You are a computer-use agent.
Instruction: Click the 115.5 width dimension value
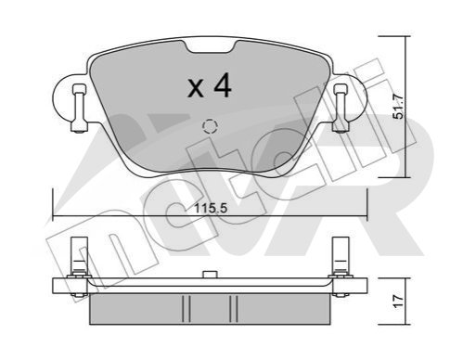tap(211, 208)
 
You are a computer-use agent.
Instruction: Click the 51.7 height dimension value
tap(398, 107)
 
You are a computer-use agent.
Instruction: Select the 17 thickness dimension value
tap(398, 301)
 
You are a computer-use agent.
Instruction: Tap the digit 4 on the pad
tap(223, 85)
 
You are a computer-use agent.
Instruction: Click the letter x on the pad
tap(196, 88)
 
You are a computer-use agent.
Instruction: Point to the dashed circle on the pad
tap(210, 126)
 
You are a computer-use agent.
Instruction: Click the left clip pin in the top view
tap(79, 108)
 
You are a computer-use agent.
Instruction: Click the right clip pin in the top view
tap(341, 108)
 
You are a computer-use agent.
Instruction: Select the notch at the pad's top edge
tap(211, 45)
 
